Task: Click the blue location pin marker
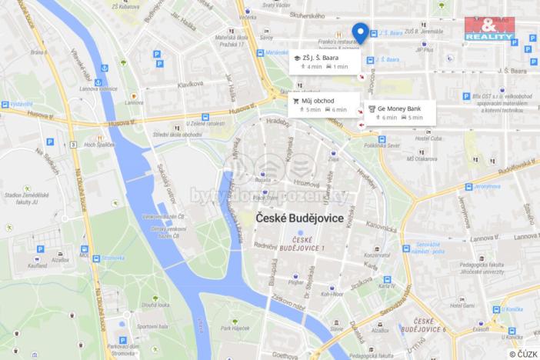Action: click(x=360, y=32)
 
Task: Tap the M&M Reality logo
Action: click(x=489, y=29)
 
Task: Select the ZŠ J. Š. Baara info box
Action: click(x=324, y=62)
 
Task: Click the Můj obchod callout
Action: click(x=323, y=105)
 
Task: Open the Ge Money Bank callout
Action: click(x=399, y=113)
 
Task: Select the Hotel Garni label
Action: click(x=462, y=305)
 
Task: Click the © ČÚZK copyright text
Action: click(x=523, y=353)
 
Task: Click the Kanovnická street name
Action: click(x=382, y=226)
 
